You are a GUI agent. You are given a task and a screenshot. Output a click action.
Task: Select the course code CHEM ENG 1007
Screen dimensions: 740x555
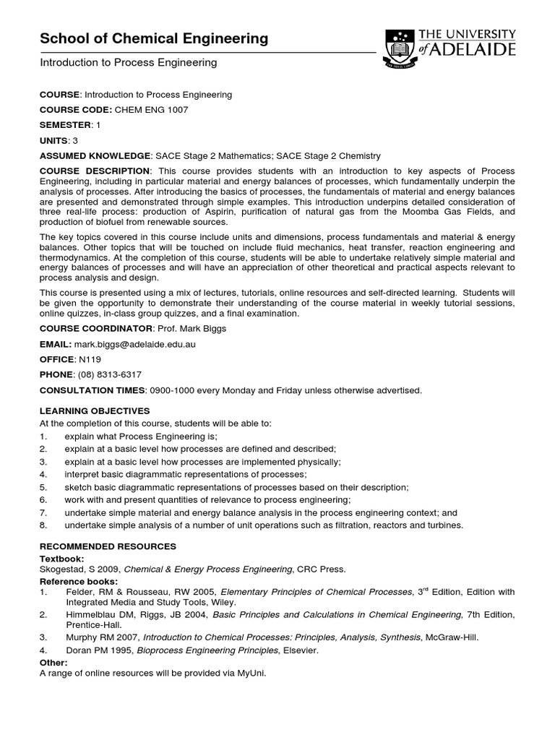(x=151, y=109)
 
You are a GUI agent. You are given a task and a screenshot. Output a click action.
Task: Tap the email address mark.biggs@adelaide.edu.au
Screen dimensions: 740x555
(x=135, y=345)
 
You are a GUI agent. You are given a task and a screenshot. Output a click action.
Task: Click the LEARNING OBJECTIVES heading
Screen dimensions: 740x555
(x=94, y=410)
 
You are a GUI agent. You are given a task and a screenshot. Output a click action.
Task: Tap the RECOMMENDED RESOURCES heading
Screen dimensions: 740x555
(x=108, y=546)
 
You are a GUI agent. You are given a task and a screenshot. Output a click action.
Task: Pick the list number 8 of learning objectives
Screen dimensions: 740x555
(x=43, y=525)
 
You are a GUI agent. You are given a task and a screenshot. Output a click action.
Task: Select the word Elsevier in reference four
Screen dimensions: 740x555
(x=300, y=650)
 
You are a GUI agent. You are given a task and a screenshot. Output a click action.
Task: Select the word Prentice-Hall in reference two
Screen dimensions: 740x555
(x=89, y=625)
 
